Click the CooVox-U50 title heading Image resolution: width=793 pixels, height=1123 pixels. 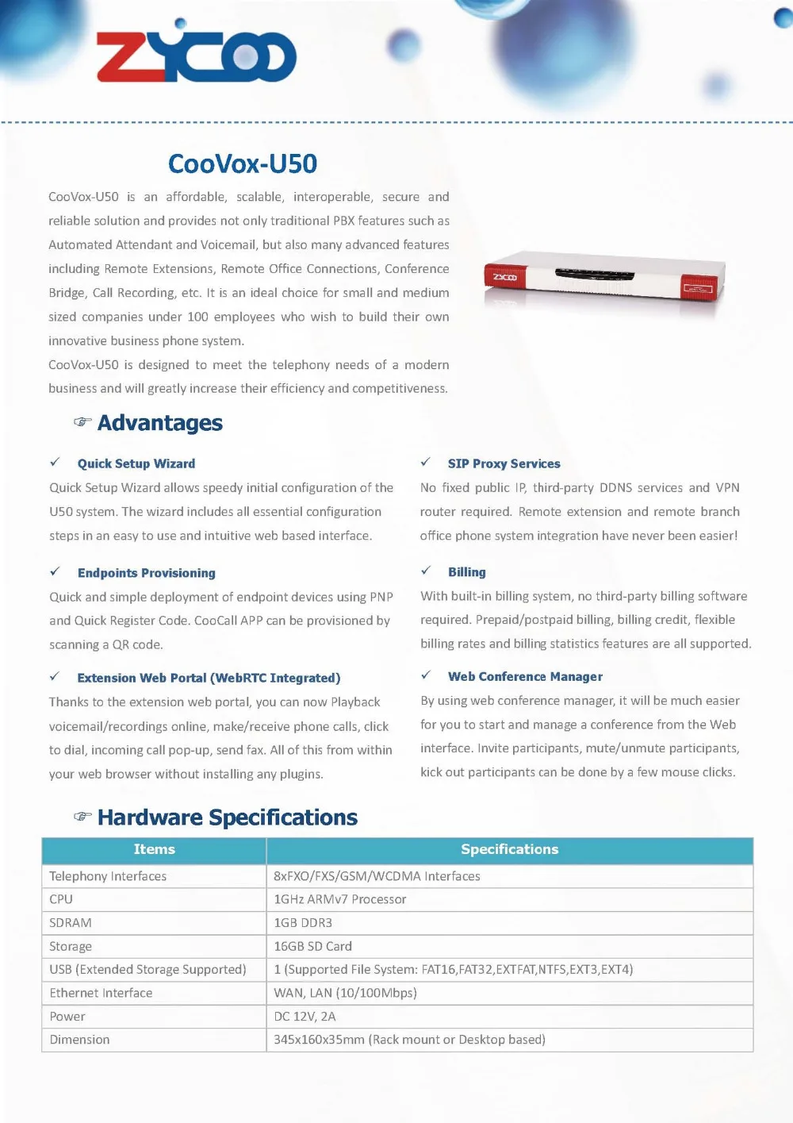243,163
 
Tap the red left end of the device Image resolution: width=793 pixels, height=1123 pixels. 505,277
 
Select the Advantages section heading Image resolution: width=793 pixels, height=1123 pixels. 159,423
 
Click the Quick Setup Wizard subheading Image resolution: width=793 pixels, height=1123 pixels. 136,463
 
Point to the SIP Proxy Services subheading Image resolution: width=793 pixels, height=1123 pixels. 504,463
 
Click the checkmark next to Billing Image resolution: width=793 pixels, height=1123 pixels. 426,571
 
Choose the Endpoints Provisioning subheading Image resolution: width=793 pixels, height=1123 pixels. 147,573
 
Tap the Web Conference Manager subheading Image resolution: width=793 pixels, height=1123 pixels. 525,676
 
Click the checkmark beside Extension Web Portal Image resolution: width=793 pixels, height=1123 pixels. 55,676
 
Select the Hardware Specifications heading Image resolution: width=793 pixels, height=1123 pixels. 227,817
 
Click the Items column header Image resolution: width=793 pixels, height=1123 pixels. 154,849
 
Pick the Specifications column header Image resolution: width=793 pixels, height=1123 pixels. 509,849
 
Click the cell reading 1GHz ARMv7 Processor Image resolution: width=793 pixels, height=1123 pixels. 339,899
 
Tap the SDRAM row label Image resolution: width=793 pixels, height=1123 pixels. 71,923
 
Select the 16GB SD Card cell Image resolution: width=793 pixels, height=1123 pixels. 312,946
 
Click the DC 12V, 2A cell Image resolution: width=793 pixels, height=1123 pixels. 305,1016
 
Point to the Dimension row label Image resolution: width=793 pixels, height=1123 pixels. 79,1040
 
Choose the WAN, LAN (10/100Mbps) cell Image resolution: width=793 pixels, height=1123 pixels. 345,993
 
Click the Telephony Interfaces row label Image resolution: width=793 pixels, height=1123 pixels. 108,876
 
